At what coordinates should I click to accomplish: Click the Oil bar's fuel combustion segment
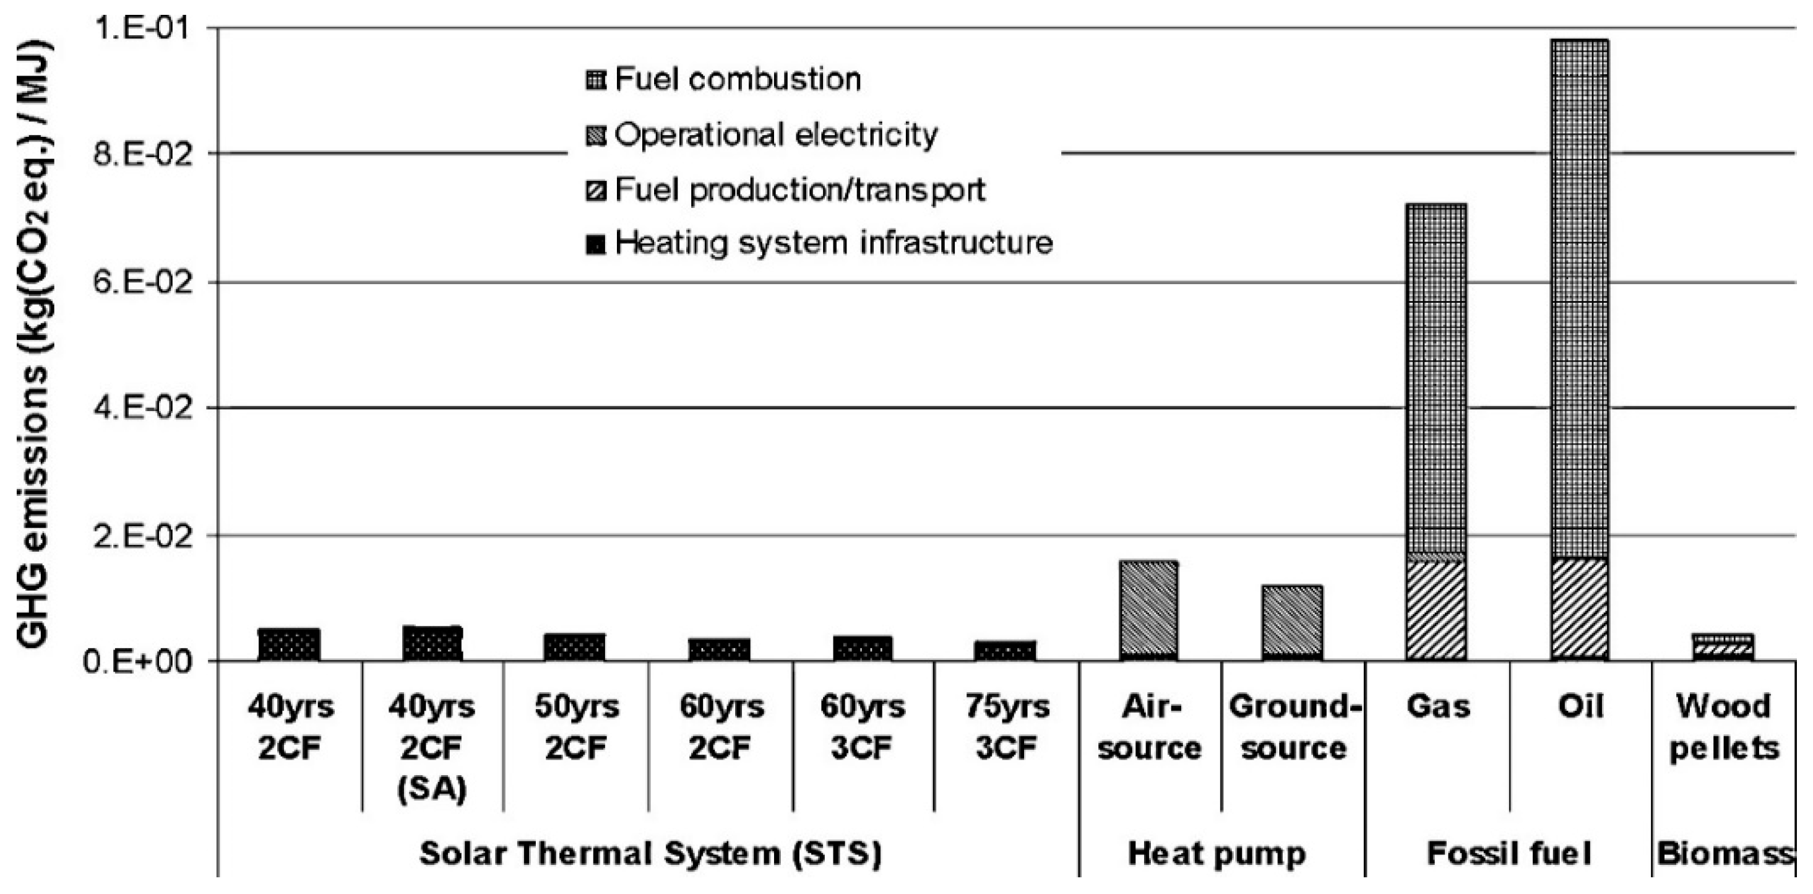pos(1580,296)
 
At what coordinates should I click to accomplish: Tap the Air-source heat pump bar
pos(1148,610)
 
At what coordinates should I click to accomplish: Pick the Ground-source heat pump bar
pos(1292,622)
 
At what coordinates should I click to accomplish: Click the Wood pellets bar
pos(1723,648)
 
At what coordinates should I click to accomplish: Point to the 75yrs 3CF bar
pos(1005,651)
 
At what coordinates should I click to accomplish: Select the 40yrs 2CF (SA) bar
pos(432,643)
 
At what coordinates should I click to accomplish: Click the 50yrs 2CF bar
pos(575,648)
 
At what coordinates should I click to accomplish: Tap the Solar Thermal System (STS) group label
pos(650,854)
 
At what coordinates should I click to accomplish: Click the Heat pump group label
pos(1217,854)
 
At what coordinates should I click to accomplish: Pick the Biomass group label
pos(1725,854)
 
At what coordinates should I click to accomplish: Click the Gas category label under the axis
pos(1438,706)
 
